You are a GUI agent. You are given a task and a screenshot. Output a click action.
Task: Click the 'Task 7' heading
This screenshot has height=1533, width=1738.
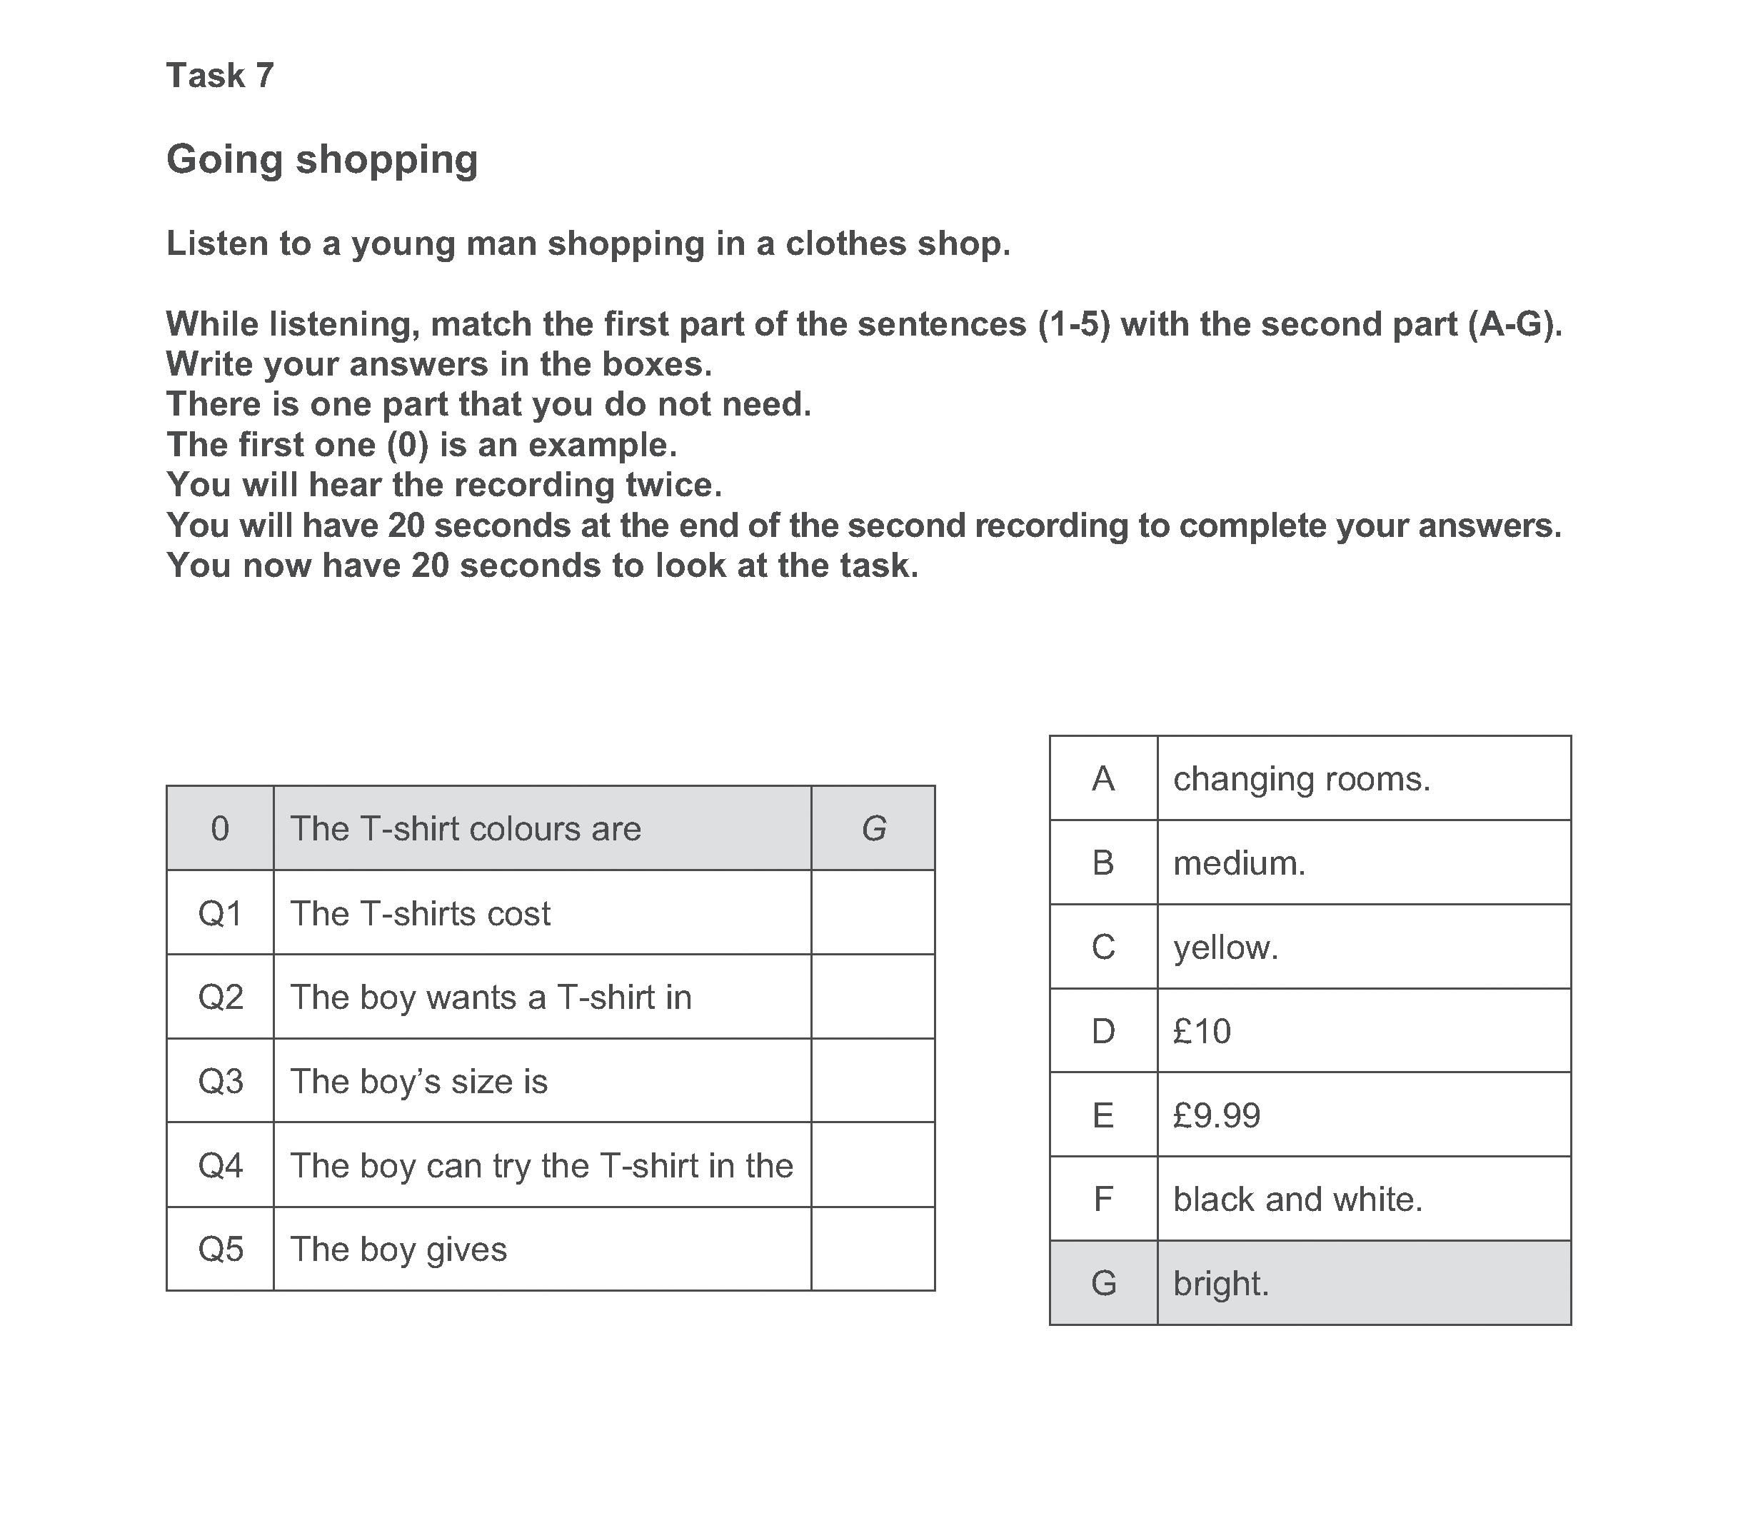(219, 76)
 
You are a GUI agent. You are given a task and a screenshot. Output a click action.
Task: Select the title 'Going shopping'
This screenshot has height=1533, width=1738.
(321, 159)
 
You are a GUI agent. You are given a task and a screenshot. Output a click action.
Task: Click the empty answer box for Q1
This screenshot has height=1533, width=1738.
(873, 913)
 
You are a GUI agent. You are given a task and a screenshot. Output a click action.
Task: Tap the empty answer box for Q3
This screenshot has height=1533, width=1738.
(873, 1080)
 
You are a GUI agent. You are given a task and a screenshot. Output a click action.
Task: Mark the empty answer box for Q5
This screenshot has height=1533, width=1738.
(873, 1249)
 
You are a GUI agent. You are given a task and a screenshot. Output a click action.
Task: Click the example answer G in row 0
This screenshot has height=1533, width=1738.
(873, 828)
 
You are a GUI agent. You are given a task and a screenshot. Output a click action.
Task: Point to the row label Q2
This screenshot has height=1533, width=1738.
(220, 997)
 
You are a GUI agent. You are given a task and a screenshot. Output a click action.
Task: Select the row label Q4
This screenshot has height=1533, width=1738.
(220, 1165)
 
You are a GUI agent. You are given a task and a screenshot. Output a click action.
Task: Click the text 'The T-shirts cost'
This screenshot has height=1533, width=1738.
(420, 913)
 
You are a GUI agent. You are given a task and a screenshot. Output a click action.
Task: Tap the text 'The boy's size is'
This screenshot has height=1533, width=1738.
(418, 1082)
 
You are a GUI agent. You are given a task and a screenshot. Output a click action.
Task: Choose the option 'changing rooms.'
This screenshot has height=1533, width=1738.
(1301, 779)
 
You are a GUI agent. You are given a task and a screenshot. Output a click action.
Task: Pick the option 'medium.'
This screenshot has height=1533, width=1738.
(1239, 863)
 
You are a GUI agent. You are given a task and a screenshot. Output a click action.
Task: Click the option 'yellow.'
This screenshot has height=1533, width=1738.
(1225, 948)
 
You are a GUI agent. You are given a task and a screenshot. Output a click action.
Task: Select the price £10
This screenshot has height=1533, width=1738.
(1202, 1031)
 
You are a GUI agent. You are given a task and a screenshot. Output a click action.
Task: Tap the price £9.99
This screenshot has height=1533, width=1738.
(1216, 1115)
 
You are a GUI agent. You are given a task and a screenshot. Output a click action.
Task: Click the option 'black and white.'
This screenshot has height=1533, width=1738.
(1297, 1199)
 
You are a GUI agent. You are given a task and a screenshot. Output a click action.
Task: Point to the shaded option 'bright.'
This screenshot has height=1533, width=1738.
(1221, 1283)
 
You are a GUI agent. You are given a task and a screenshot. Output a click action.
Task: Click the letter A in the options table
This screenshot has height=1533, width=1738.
(1102, 779)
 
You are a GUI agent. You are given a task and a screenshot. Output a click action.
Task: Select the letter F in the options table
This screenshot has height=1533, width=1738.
(1102, 1199)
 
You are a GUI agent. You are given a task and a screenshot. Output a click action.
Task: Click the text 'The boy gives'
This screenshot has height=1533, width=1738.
(398, 1249)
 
